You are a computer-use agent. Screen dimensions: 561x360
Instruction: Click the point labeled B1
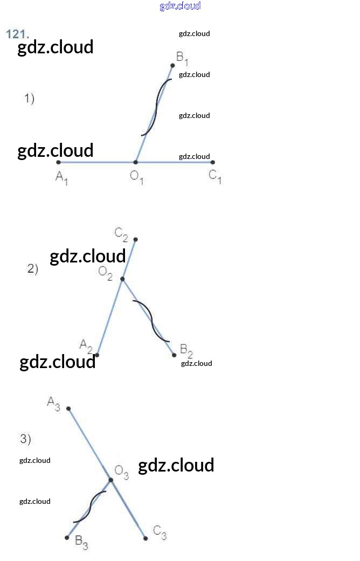[x=172, y=65]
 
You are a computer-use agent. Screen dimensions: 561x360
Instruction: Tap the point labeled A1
[x=59, y=162]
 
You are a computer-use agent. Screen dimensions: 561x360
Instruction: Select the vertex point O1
[x=136, y=162]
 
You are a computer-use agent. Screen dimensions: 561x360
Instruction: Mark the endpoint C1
[x=213, y=162]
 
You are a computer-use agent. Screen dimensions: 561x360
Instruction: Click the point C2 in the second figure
[x=135, y=239]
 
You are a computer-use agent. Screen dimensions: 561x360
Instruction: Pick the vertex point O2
[x=122, y=279]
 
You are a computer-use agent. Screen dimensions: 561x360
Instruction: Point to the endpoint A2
[x=97, y=355]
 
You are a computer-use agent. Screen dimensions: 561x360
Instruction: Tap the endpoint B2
[x=174, y=355]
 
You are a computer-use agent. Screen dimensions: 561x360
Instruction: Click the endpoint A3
[x=68, y=408]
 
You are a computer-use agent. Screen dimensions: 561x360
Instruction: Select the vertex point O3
[x=111, y=480]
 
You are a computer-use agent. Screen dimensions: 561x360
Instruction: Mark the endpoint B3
[x=67, y=537]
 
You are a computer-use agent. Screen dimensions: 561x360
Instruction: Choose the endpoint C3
[x=146, y=538]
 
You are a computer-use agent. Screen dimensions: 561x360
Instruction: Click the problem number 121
[x=17, y=34]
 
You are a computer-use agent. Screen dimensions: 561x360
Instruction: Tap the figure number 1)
[x=29, y=99]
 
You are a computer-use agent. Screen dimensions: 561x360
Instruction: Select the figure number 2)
[x=33, y=269]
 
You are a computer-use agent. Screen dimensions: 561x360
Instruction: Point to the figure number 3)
[x=26, y=439]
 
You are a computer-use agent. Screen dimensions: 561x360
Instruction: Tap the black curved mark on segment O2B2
[x=151, y=321]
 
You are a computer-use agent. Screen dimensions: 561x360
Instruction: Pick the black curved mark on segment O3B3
[x=90, y=507]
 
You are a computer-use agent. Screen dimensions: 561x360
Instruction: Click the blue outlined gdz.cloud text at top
[x=180, y=6]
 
